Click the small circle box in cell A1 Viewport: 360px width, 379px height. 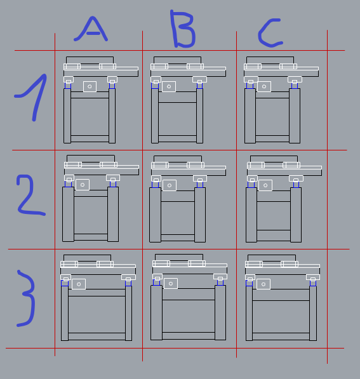90,86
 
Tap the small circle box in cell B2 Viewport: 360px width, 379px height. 170,185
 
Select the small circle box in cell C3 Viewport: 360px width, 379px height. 263,284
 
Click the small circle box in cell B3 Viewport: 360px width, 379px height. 171,284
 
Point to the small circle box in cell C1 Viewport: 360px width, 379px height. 264,86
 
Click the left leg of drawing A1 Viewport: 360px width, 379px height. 67,116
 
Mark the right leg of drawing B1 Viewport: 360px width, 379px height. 199,116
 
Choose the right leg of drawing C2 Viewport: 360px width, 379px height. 296,215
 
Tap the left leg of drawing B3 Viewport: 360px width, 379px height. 156,313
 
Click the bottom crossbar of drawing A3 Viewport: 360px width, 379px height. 97,336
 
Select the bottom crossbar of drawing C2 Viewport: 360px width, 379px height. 274,235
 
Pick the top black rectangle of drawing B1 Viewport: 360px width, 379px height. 178,60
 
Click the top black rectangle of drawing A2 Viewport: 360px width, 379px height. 91,159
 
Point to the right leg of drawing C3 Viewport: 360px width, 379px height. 313,313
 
